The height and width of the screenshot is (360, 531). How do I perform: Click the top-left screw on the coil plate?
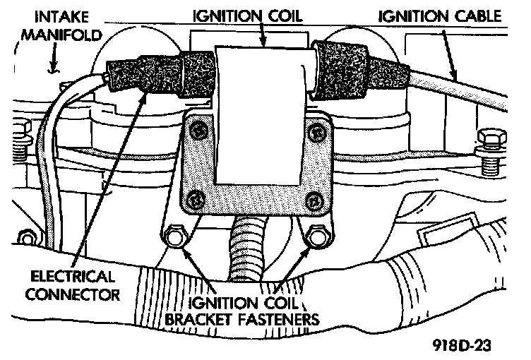coord(198,130)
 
